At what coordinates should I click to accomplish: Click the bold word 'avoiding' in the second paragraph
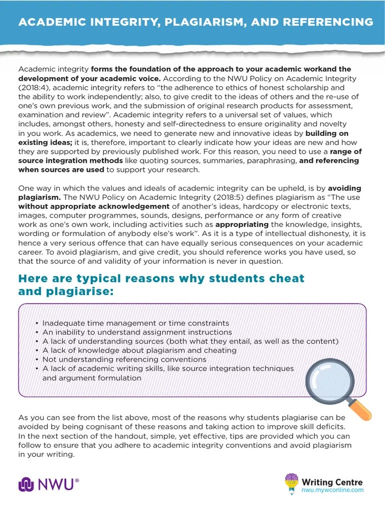tap(344, 188)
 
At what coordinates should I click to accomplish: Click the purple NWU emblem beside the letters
tap(26, 484)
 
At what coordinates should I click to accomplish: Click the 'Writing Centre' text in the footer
tap(331, 482)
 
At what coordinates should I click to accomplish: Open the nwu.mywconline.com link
tap(332, 490)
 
